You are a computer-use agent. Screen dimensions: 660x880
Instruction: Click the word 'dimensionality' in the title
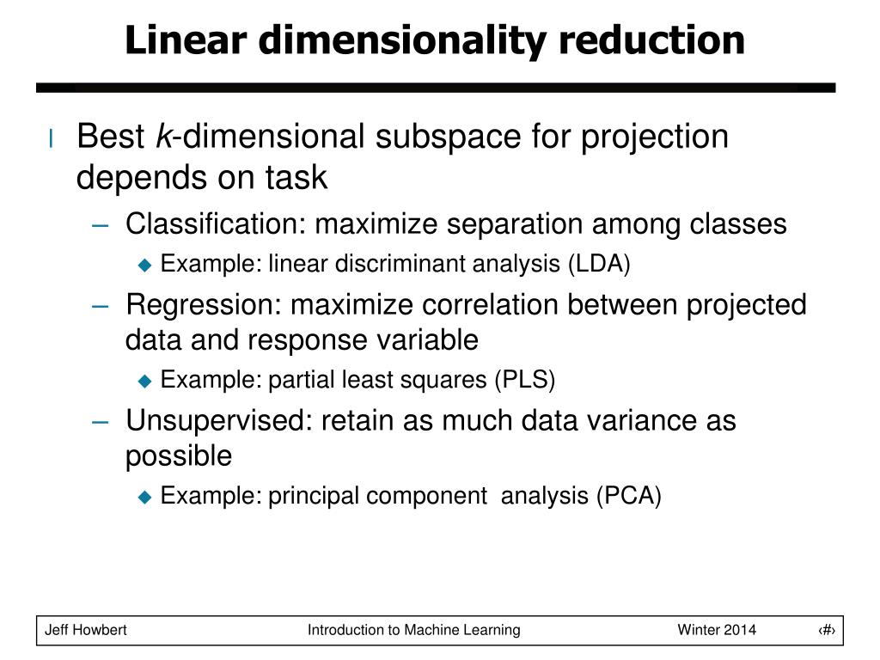point(376,40)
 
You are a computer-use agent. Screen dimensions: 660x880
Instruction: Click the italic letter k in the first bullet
point(162,137)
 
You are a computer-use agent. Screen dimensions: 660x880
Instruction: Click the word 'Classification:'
point(217,224)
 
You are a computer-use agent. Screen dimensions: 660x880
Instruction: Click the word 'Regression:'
point(204,305)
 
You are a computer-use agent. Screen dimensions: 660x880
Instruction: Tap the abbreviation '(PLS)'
point(524,379)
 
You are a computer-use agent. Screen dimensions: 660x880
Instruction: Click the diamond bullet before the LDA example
point(144,266)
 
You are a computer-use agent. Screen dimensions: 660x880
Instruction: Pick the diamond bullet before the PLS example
point(144,381)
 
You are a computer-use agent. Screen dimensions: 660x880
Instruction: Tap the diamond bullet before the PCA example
point(144,497)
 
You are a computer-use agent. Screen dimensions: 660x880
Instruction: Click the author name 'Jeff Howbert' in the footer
point(86,630)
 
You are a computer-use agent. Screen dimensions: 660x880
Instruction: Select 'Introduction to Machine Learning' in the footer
point(414,630)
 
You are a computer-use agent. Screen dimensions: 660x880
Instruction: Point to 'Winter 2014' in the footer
point(717,630)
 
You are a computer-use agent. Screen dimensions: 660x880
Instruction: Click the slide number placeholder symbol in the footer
point(827,630)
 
